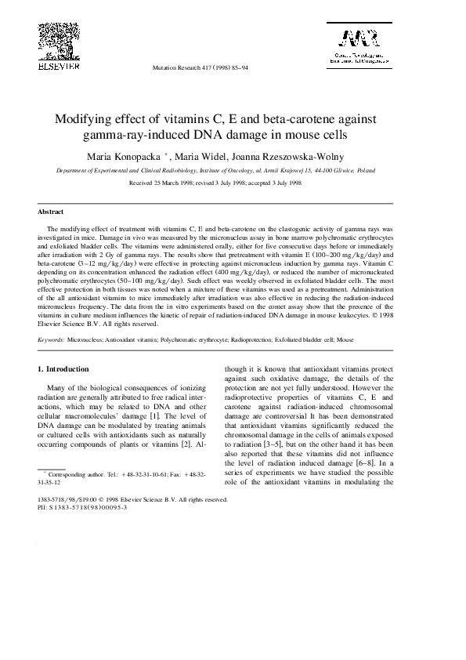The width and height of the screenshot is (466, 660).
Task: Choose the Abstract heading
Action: (51, 212)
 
